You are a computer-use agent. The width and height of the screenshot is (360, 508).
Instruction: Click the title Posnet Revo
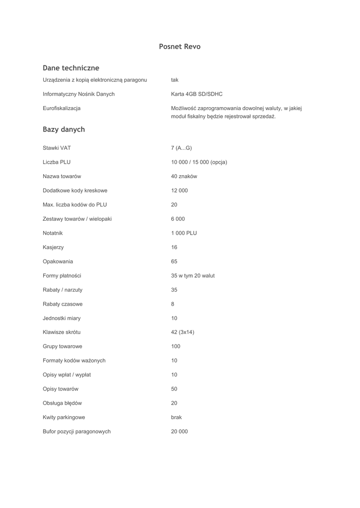[180, 47]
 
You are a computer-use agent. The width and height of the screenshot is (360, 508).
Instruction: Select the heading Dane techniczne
[71, 68]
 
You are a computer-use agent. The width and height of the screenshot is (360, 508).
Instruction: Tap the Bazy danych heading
[64, 129]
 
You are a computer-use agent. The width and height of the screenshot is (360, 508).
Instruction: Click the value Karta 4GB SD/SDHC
[197, 94]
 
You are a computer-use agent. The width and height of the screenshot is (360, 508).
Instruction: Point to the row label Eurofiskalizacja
[62, 108]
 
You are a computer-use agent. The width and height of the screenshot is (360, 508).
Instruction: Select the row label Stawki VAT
[57, 148]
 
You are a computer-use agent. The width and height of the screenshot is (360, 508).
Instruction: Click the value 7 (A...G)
[181, 148]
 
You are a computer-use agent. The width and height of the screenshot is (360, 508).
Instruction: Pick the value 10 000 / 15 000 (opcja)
[199, 162]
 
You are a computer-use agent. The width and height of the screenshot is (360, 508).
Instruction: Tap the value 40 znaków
[184, 176]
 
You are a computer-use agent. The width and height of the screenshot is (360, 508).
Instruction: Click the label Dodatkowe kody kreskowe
[75, 190]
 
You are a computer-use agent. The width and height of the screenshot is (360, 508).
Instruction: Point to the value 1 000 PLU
[184, 233]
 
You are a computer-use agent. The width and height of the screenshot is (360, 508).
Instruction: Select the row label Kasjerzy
[53, 247]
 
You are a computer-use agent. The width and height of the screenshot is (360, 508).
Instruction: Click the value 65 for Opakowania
[174, 261]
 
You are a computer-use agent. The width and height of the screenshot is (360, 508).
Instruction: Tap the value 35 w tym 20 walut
[193, 276]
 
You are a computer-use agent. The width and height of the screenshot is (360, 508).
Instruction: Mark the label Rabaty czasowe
[63, 304]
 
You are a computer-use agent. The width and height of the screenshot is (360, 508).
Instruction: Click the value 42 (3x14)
[183, 332]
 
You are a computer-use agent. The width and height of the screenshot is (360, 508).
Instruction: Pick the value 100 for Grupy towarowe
[176, 346]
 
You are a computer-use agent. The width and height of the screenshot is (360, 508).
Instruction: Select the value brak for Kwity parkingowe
[176, 417]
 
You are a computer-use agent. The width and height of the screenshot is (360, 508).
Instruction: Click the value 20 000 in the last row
[180, 432]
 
